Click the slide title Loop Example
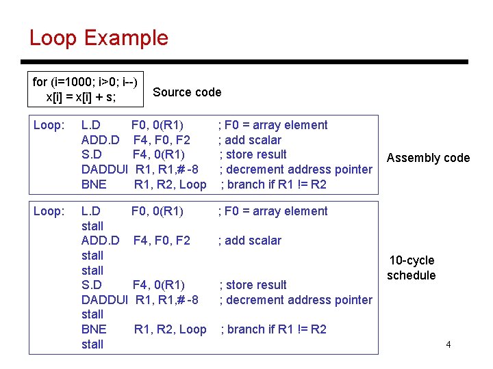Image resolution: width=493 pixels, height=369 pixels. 99,38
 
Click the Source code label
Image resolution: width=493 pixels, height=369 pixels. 187,92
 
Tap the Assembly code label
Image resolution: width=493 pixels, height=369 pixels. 428,158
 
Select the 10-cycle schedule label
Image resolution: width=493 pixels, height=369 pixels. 412,268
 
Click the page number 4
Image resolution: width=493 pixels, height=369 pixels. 448,344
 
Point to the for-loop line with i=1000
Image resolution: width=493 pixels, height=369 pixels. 85,82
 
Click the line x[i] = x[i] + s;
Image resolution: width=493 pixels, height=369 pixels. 81,97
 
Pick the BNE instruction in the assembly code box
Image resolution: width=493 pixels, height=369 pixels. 94,184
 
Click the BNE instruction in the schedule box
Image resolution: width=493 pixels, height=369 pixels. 94,329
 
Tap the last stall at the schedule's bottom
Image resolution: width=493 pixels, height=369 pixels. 92,344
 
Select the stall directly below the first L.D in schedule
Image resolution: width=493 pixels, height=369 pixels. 92,226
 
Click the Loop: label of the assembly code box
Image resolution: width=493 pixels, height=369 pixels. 49,125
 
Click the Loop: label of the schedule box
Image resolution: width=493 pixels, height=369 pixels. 49,211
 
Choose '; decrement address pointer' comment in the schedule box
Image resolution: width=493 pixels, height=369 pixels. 296,300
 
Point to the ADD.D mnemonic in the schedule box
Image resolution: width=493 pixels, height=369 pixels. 100,241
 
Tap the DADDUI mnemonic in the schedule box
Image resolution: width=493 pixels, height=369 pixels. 105,300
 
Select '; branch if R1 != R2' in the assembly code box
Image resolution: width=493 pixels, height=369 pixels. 273,184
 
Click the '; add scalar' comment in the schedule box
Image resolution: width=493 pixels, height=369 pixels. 249,241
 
